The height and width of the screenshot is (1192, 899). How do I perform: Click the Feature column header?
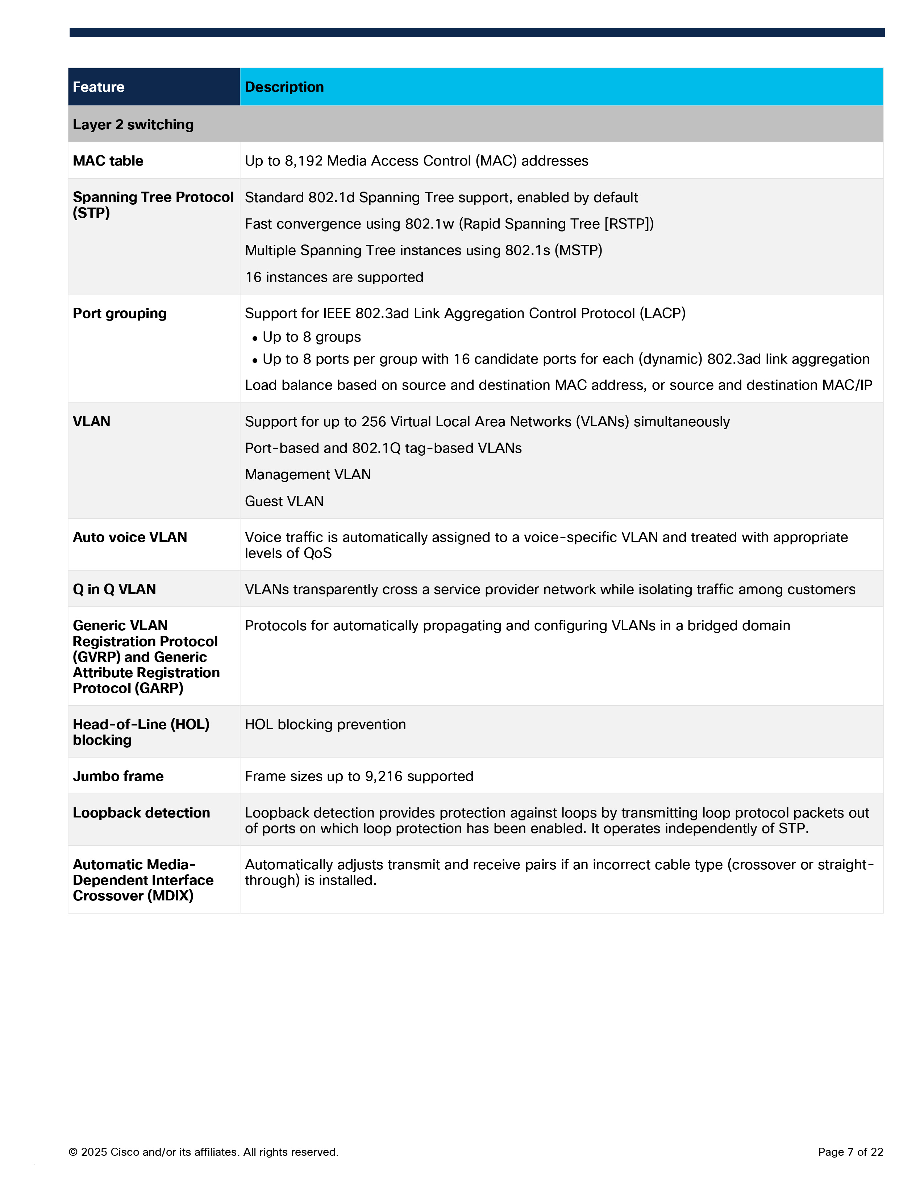pos(99,87)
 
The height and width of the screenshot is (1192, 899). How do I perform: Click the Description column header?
pos(284,87)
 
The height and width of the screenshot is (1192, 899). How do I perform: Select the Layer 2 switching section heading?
pos(133,125)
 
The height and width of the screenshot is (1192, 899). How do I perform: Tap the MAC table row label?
pos(108,160)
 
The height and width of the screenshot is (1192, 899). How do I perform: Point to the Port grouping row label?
pos(120,313)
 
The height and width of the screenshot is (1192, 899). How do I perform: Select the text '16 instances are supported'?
pos(334,277)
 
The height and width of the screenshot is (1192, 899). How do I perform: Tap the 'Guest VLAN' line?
pos(284,501)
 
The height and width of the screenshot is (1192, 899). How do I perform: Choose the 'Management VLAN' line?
pos(308,474)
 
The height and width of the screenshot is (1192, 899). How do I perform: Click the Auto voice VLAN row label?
pos(130,537)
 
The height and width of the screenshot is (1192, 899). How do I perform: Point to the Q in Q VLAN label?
pos(114,589)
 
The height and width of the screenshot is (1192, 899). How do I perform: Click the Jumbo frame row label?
pos(118,776)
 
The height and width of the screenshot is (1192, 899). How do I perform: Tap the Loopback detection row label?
pos(141,813)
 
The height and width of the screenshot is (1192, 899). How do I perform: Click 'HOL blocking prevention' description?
pos(325,724)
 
